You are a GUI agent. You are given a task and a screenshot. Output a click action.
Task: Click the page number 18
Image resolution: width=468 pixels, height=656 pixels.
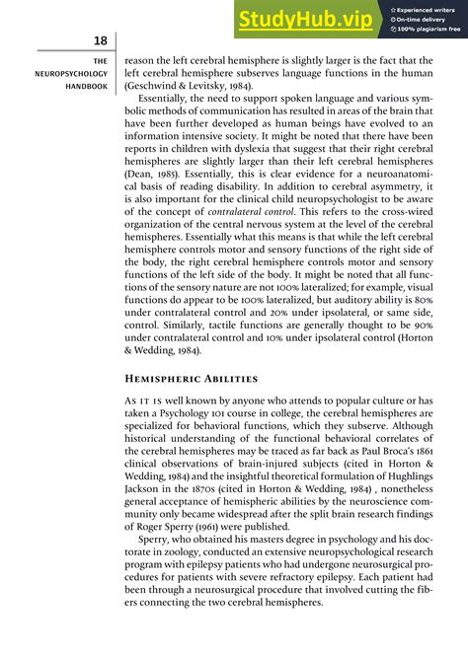point(98,40)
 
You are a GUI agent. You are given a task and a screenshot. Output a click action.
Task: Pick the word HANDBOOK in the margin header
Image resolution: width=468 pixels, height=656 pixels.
point(83,87)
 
